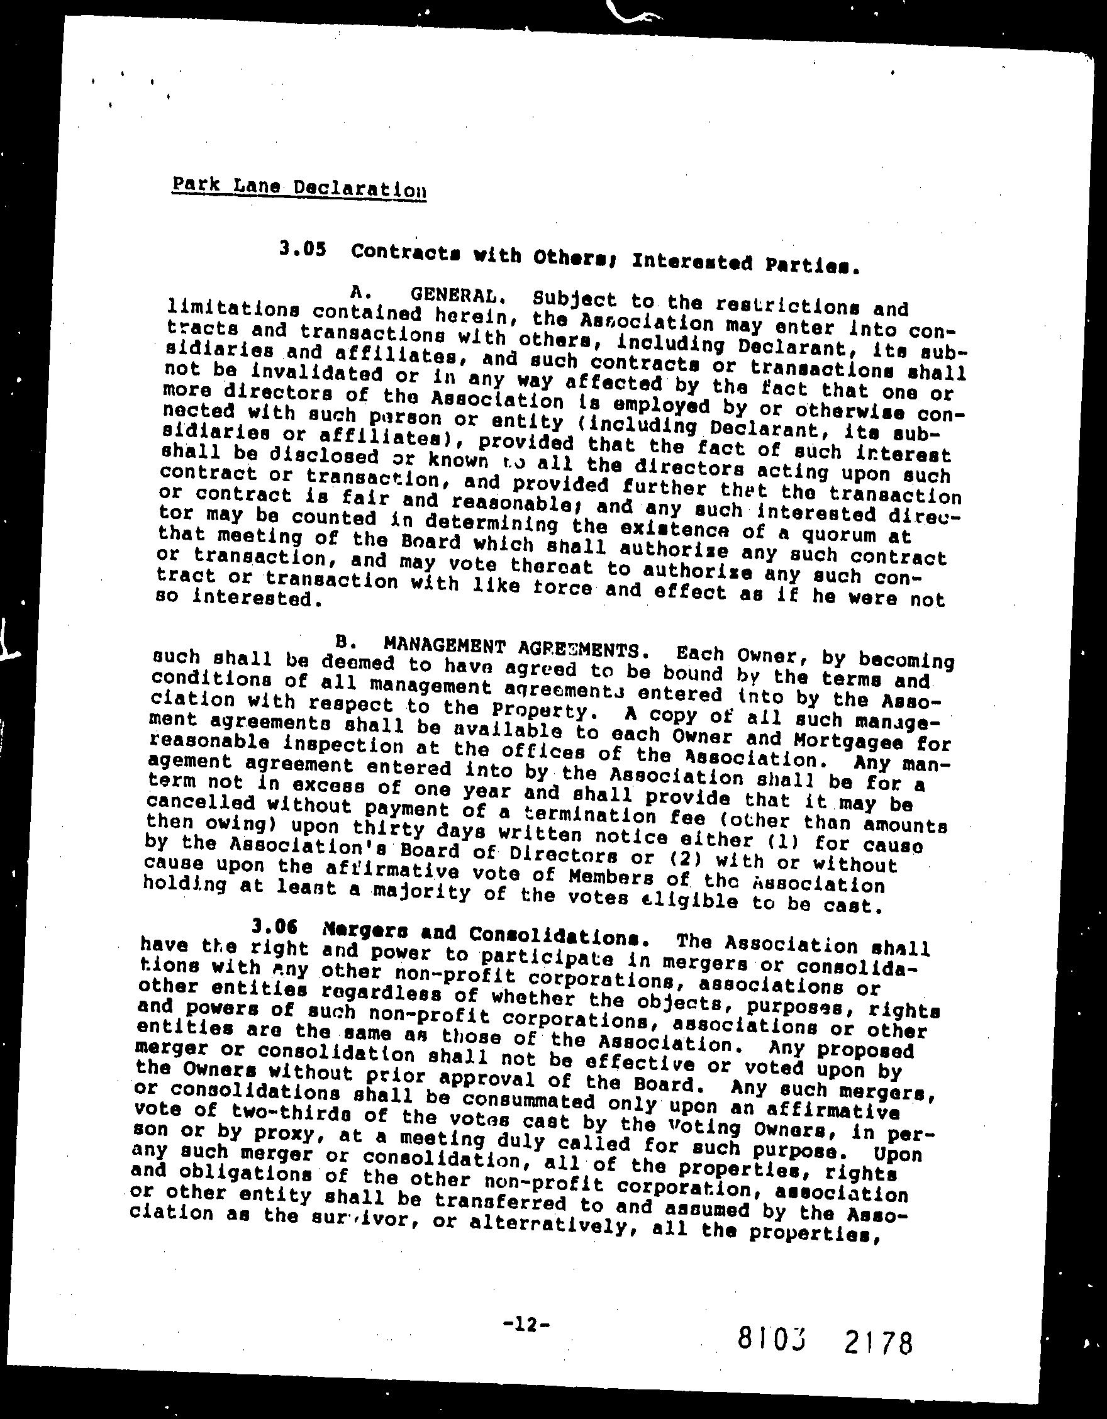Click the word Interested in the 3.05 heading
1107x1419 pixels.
pos(693,261)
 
